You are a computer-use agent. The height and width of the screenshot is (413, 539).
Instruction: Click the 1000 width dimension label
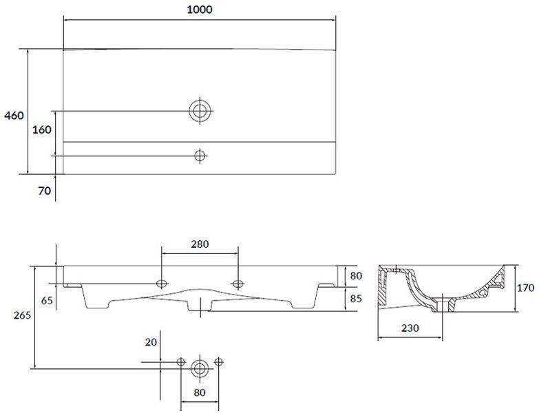coord(200,9)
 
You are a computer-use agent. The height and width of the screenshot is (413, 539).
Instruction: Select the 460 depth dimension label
coord(14,116)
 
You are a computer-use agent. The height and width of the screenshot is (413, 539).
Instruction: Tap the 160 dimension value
coord(41,129)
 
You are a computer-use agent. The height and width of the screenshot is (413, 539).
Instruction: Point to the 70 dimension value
coord(44,191)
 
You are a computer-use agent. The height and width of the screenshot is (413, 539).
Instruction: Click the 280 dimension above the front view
coord(200,244)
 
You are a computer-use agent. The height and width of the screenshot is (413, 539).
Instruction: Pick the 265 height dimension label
coord(22,315)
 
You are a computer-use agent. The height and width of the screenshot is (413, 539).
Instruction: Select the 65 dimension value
coord(47,301)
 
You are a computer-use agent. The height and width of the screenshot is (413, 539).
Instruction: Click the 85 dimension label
coord(356,298)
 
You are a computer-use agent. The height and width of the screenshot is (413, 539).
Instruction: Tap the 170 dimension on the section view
coord(526,288)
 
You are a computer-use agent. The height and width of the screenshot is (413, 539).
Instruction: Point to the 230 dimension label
coord(410,328)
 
